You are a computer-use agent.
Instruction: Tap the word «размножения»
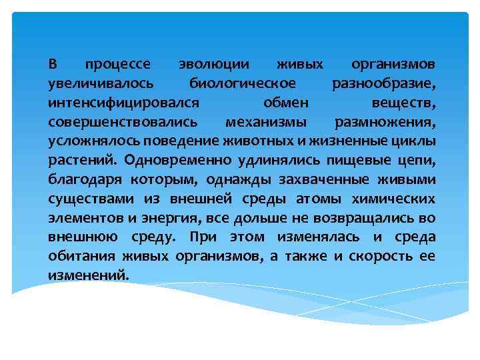tap(385, 123)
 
